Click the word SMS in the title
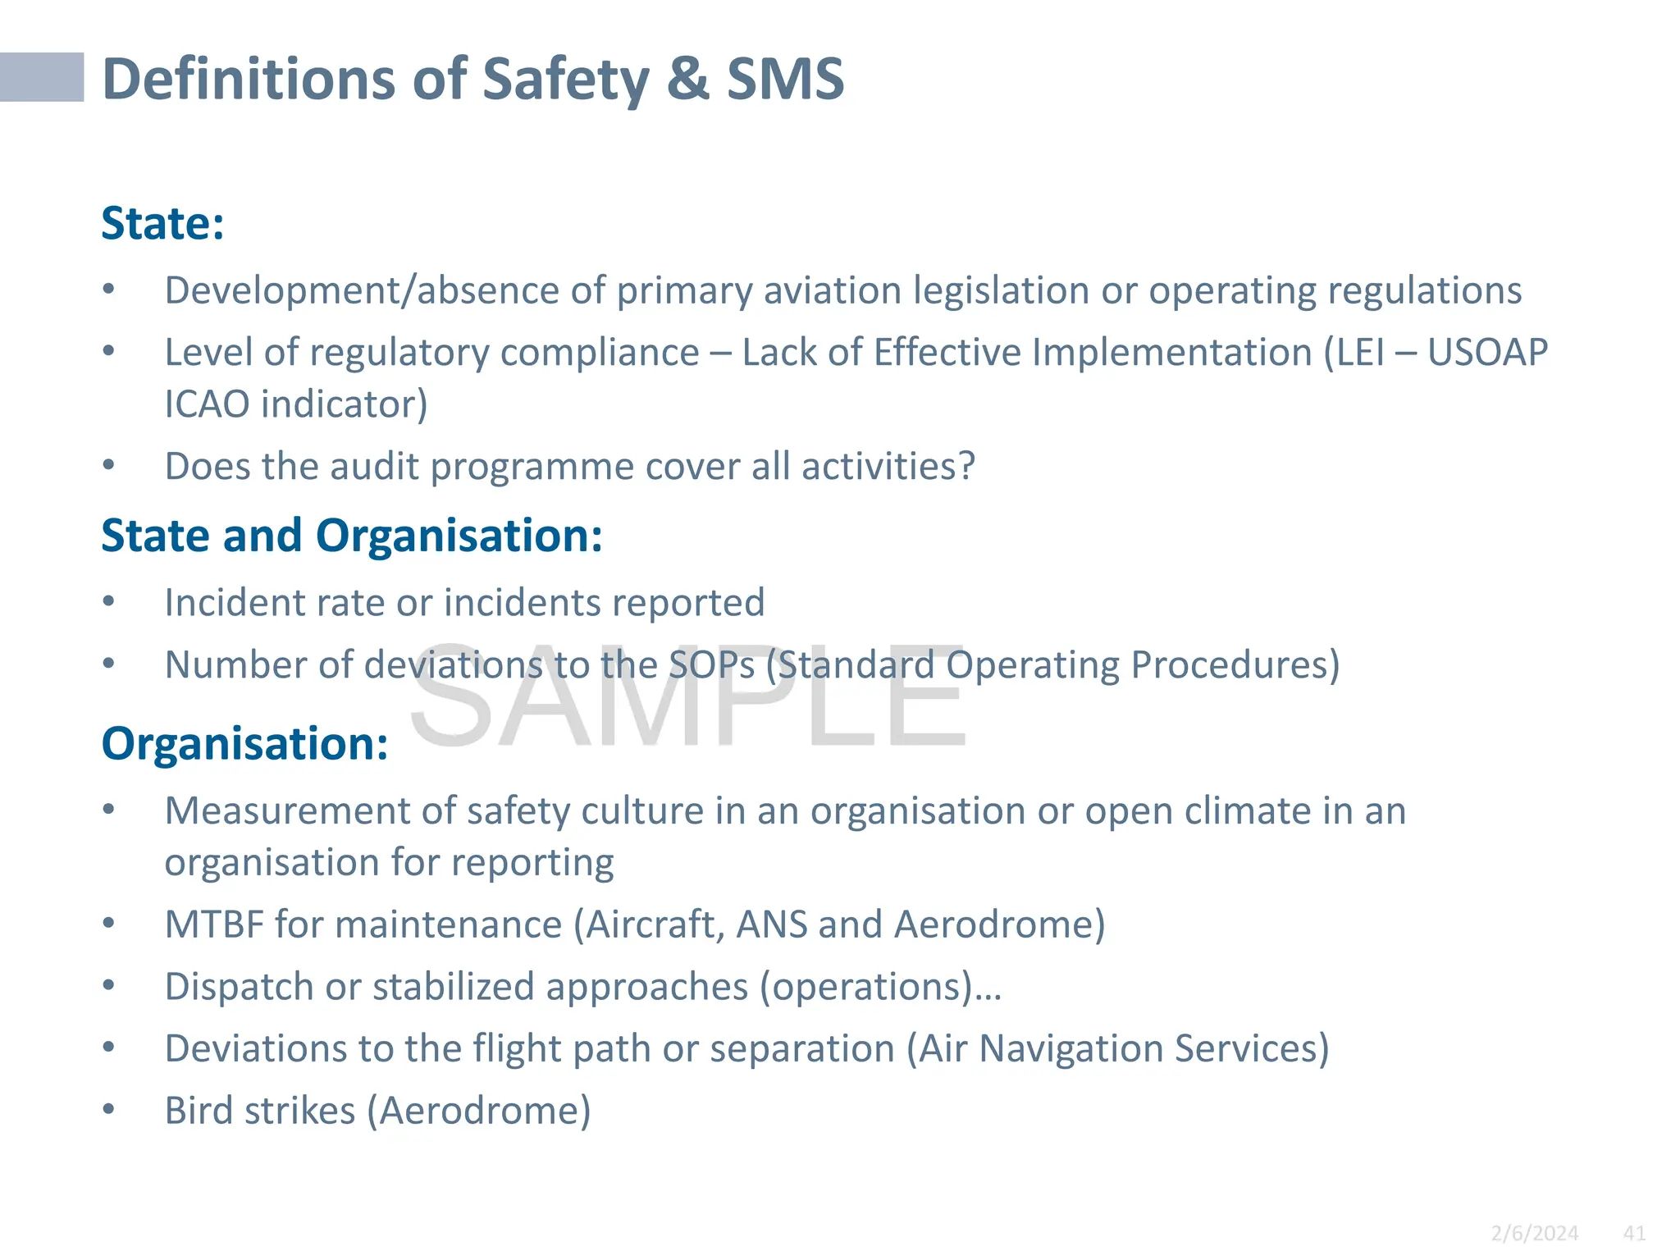pos(785,80)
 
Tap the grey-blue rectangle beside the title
pos(42,77)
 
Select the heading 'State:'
pos(162,223)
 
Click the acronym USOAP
pos(1487,353)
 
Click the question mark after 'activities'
pos(967,466)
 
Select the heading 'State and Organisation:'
pos(352,536)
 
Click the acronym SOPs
pos(711,665)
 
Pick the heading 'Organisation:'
pos(244,744)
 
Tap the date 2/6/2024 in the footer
pos(1534,1233)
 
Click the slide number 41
pos(1634,1233)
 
